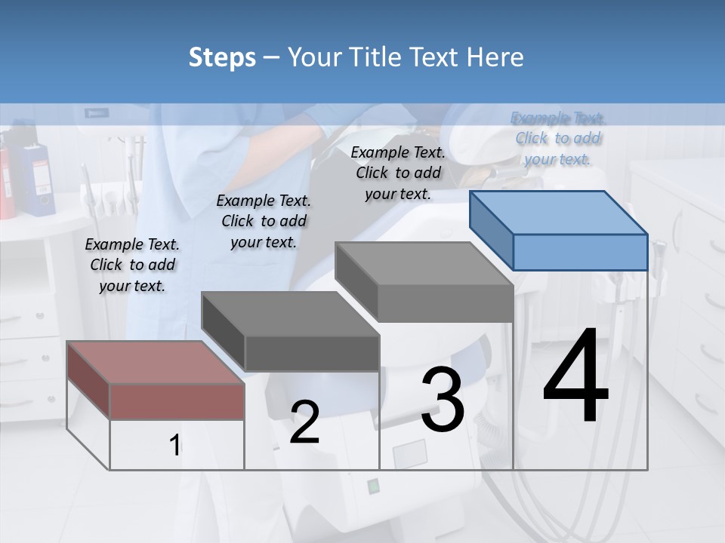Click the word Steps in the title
pos(221,57)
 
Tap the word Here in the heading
pos(493,57)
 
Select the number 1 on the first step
pos(175,446)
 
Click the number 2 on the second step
pos(304,422)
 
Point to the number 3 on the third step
pos(443,399)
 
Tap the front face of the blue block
pos(579,252)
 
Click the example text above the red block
pos(132,265)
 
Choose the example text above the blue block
pos(558,138)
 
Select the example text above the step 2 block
pos(264,221)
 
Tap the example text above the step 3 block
pos(398,173)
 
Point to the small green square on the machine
pos(372,486)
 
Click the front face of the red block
pos(177,401)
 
